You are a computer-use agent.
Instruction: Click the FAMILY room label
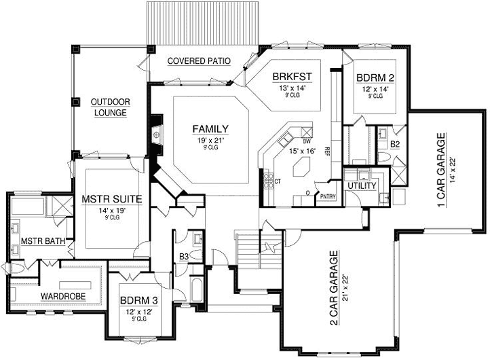(209, 129)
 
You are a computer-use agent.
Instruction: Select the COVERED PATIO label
(198, 61)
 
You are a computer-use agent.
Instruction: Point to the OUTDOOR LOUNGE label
(110, 107)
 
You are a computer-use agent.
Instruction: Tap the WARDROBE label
(62, 297)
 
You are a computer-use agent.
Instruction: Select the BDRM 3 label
(140, 300)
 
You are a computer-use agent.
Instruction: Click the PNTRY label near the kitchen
(328, 196)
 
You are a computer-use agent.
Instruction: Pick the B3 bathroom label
(183, 256)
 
